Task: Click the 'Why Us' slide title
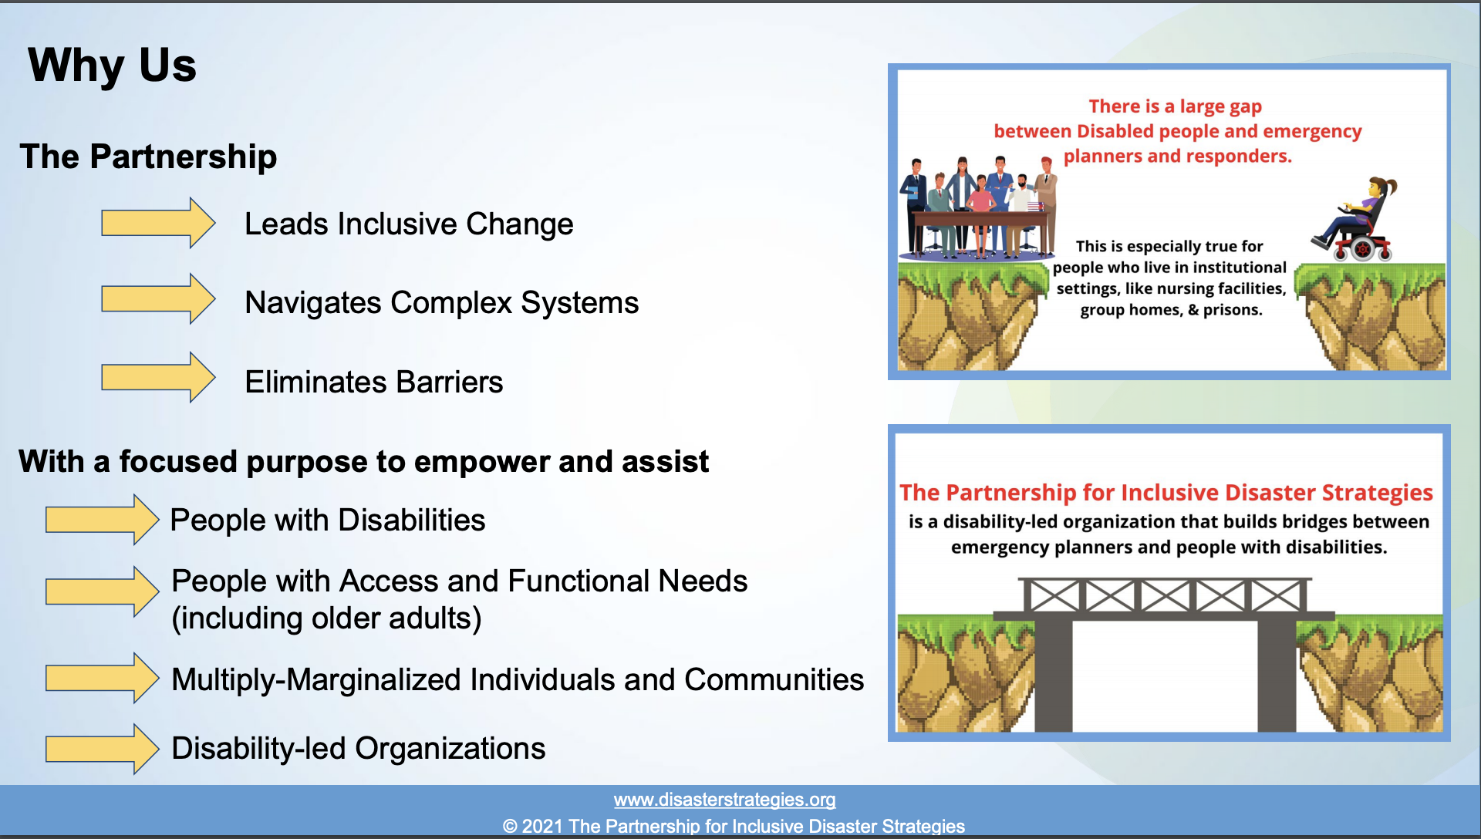pos(113,66)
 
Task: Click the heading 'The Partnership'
pos(148,157)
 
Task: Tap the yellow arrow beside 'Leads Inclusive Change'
pos(158,223)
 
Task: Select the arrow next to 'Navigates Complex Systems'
pos(158,299)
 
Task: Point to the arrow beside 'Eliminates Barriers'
pos(158,378)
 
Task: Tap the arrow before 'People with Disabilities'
pos(103,520)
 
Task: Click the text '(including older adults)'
pos(326,618)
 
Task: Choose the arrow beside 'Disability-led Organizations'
pos(103,749)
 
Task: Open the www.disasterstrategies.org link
pos(725,800)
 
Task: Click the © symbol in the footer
pos(510,827)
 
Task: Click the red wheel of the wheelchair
pos(1362,249)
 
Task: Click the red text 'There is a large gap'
pos(1176,106)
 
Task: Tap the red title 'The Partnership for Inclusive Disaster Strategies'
pos(1166,493)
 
